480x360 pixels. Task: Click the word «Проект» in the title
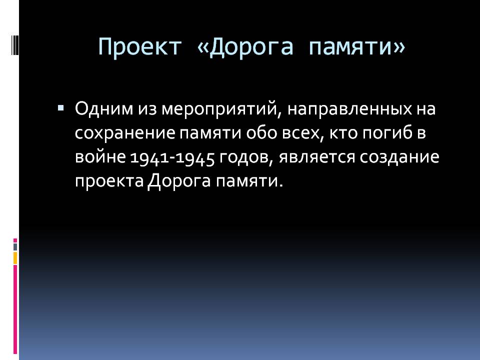(x=139, y=47)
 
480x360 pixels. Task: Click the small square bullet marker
(x=60, y=108)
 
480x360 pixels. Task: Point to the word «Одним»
(x=104, y=108)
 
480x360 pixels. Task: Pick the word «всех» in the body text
(x=302, y=133)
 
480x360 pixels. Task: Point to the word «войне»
(x=100, y=157)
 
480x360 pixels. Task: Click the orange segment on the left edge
(x=15, y=258)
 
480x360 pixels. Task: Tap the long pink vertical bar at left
(x=15, y=309)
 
